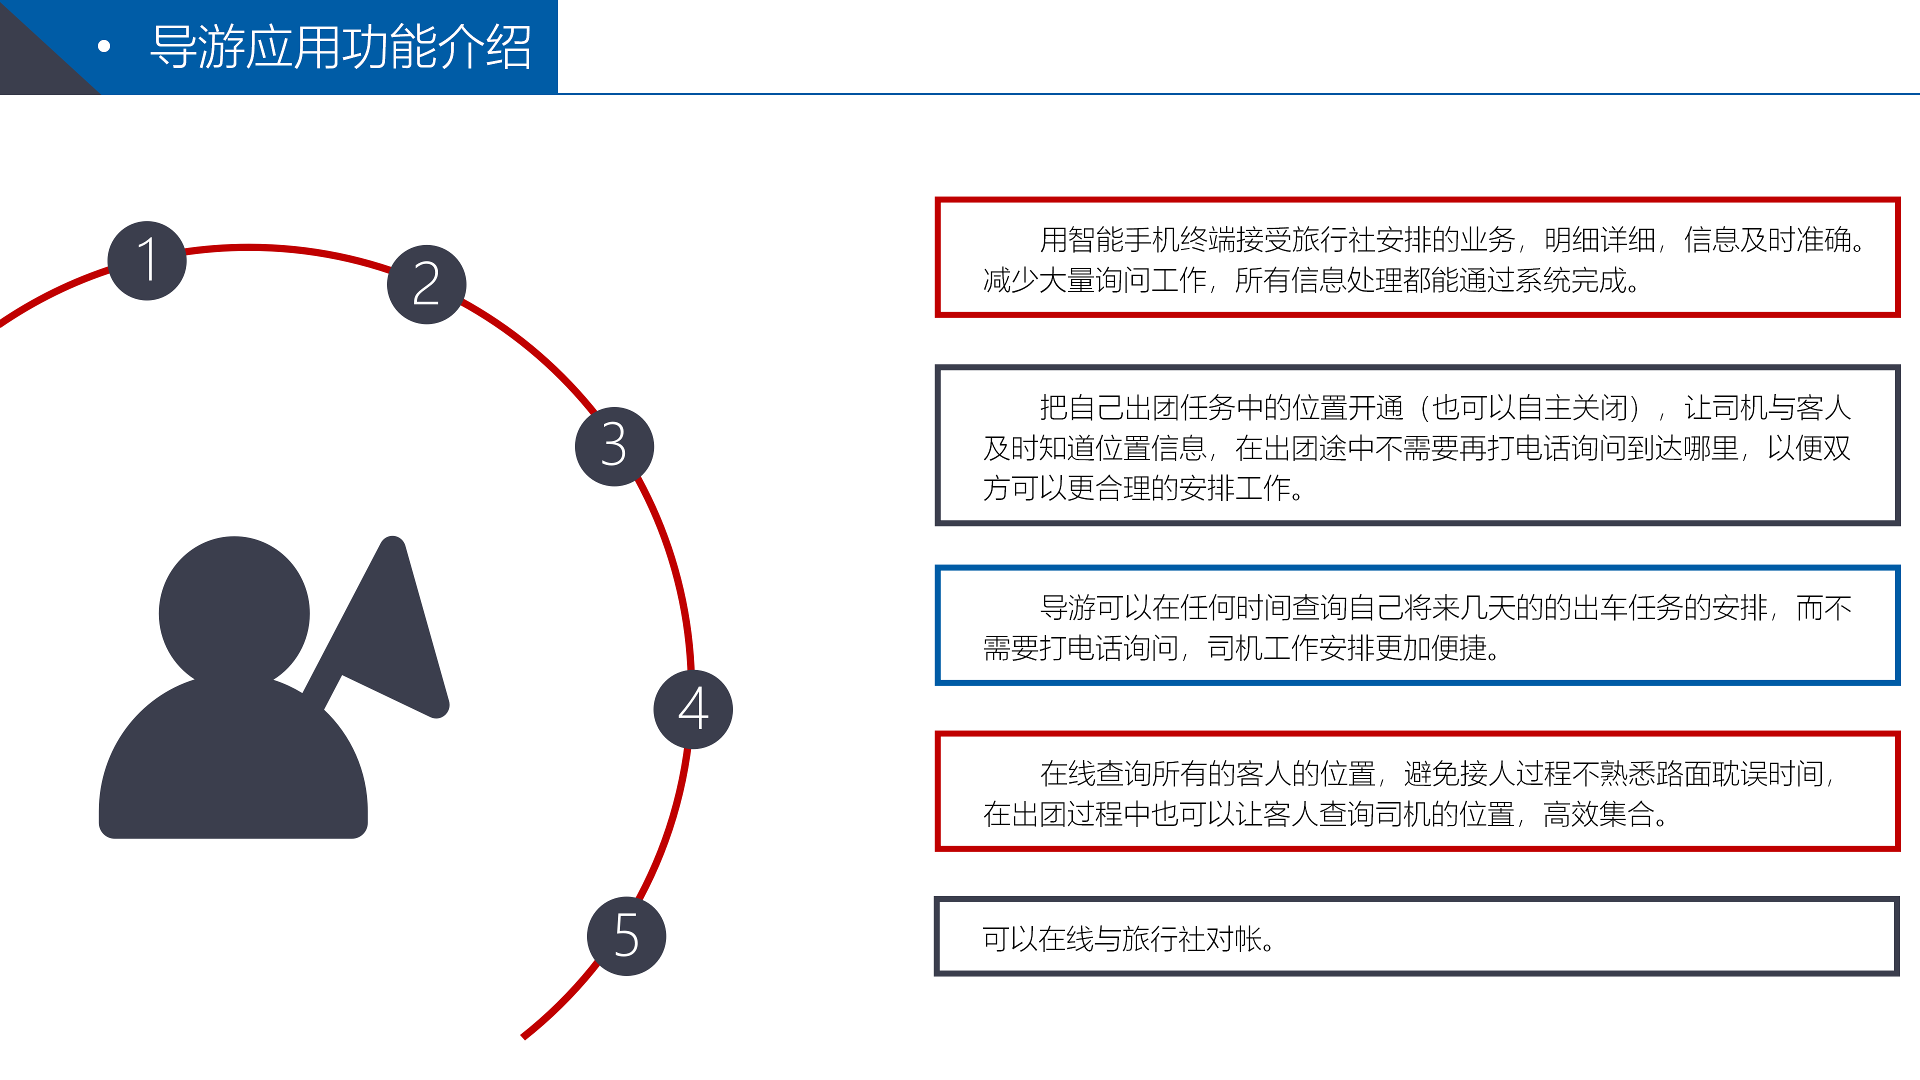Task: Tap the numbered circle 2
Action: pyautogui.click(x=426, y=284)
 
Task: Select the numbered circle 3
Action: pyautogui.click(x=614, y=446)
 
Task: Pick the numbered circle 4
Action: pyautogui.click(x=693, y=709)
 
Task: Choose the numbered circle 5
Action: pyautogui.click(x=626, y=936)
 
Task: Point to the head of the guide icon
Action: pyautogui.click(x=234, y=612)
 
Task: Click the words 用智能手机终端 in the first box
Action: pyautogui.click(x=1137, y=240)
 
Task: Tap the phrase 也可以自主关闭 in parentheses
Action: pyautogui.click(x=1530, y=407)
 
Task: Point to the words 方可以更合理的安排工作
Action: pyautogui.click(x=1136, y=488)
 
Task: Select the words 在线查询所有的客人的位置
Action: pyautogui.click(x=1207, y=773)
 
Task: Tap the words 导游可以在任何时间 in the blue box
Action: pyautogui.click(x=1165, y=608)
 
